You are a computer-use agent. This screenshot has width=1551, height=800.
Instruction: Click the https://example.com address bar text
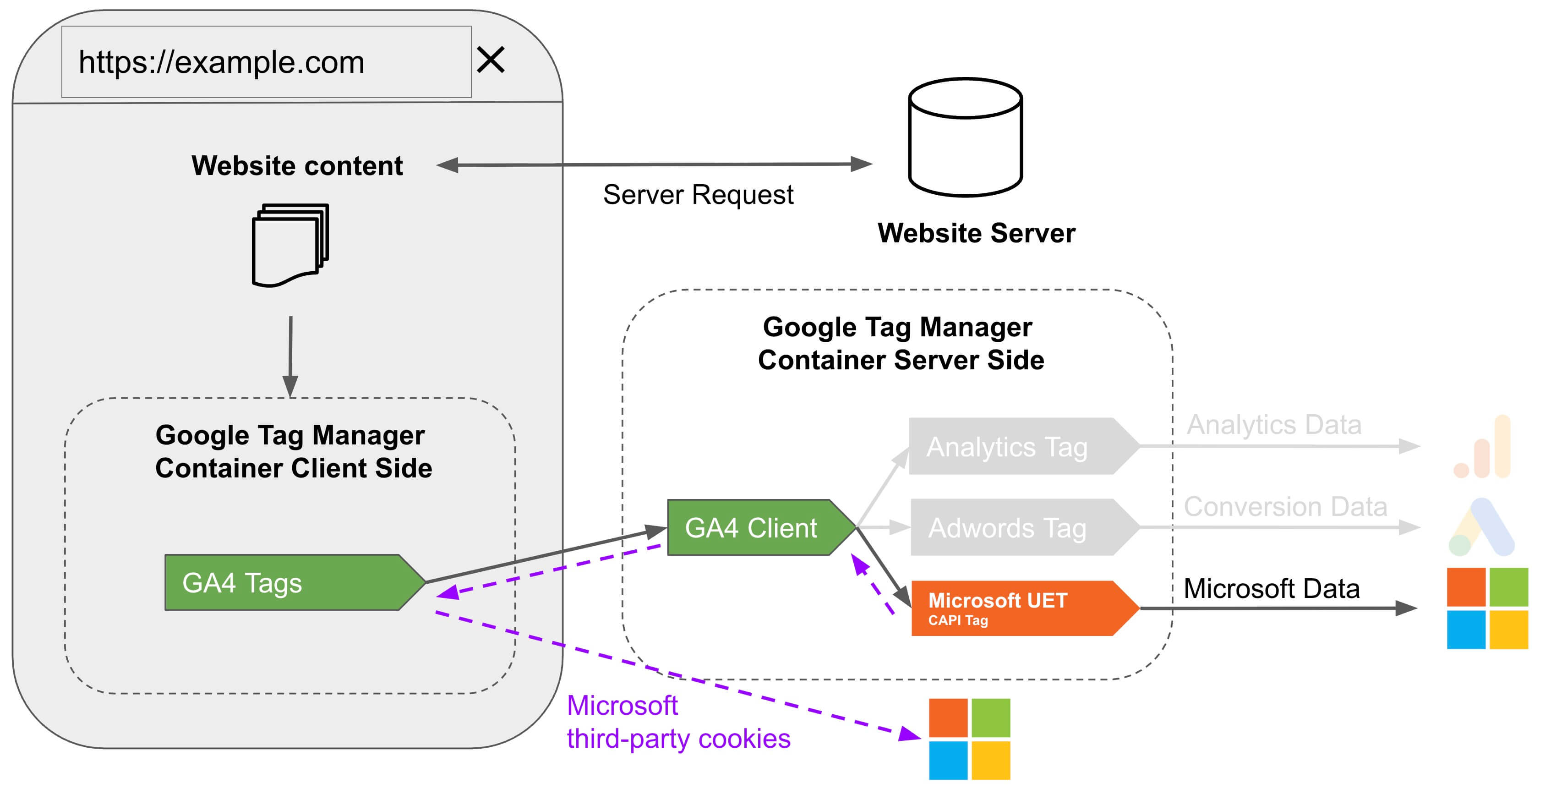[222, 62]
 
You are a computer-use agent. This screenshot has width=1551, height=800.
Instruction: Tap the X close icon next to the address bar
[490, 60]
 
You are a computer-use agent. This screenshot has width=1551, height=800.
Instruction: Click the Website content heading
[297, 166]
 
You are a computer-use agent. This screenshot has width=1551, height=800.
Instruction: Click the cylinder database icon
[965, 137]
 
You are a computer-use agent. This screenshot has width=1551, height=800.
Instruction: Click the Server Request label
[698, 195]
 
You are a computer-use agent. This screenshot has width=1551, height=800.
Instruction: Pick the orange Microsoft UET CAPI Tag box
[1017, 608]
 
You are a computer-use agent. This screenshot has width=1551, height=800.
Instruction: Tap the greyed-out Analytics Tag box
[1017, 446]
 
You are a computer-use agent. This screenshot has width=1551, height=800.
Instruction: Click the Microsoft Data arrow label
[1271, 589]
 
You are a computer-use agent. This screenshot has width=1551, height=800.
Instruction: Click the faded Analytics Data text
[1273, 425]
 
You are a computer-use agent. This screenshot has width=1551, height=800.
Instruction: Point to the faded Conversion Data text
[1285, 507]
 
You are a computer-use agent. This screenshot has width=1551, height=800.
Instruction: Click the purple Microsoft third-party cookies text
[677, 722]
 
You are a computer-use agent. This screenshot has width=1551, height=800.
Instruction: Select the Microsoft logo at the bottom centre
[969, 739]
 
